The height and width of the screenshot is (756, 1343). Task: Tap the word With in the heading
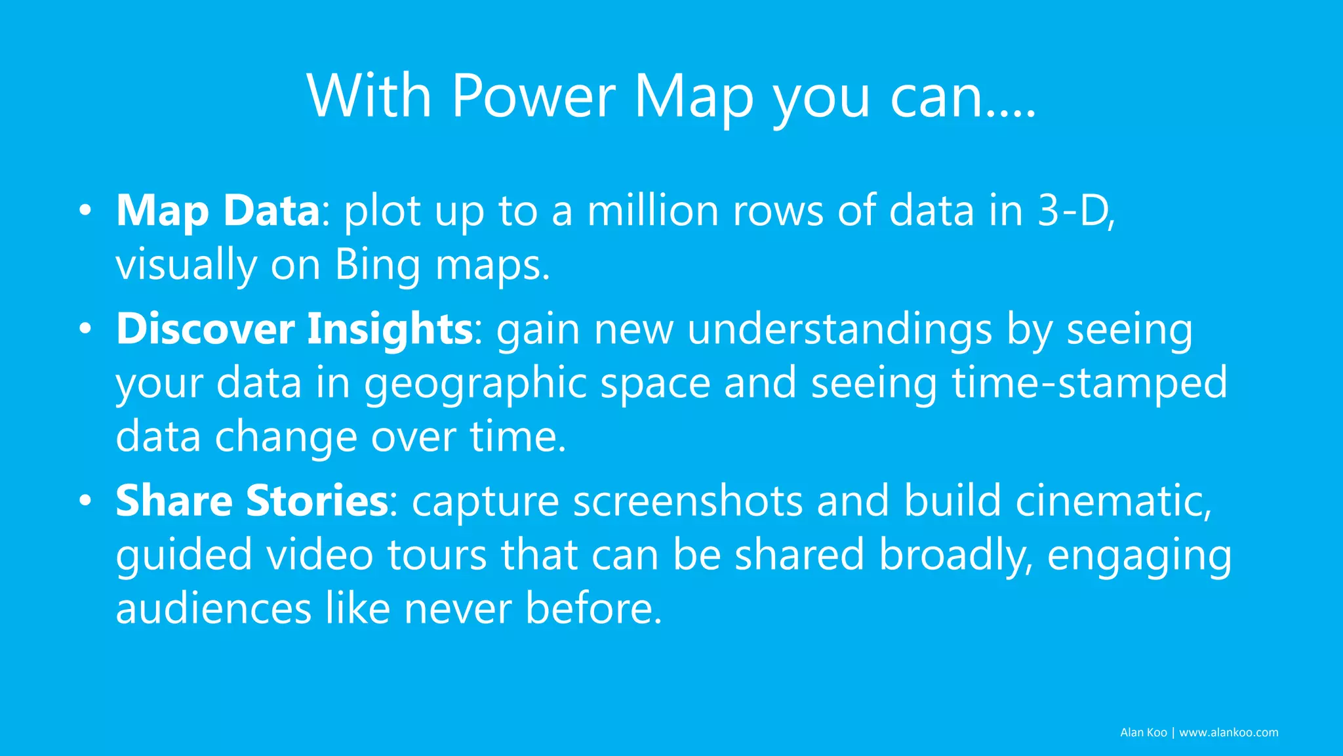(369, 96)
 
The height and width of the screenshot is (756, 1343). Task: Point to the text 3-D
(1075, 211)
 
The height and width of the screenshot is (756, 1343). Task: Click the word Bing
(378, 265)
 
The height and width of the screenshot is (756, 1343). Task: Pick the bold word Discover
(205, 329)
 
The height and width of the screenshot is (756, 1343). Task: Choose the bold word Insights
(390, 329)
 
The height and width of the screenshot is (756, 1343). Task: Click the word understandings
(839, 329)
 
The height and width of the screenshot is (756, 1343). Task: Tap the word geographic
(475, 383)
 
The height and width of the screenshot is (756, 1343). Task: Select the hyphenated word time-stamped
(1089, 383)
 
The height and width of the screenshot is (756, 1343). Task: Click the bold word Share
(174, 501)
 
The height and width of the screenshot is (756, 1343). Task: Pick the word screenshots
(688, 501)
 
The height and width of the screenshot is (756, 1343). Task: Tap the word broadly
(955, 555)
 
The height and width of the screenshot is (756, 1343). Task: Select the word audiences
(213, 608)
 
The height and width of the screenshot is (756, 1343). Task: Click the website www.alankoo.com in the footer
(1228, 732)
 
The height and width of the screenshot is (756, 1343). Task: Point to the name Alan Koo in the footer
(1143, 732)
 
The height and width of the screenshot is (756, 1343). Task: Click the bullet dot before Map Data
(85, 212)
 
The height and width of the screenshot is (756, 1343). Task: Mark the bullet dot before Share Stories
(85, 502)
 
